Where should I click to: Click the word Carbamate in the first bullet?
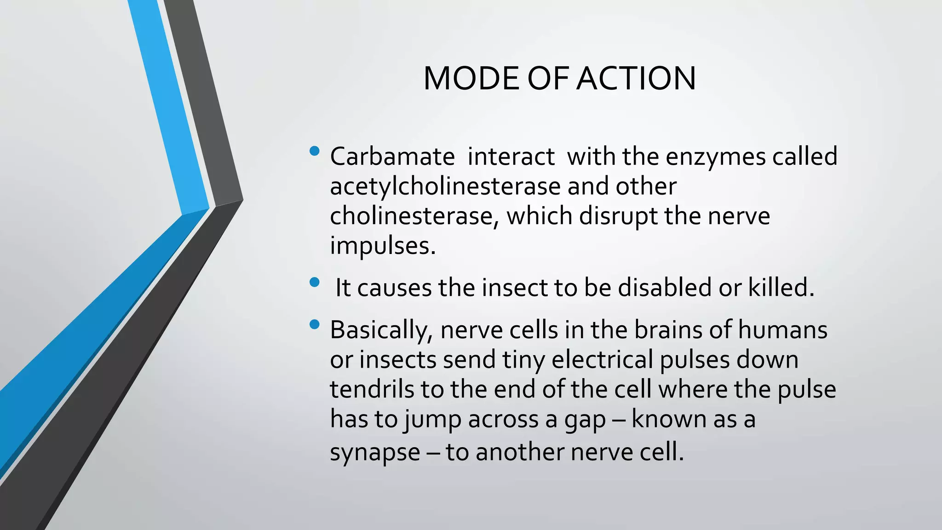(392, 156)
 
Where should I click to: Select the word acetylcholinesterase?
(445, 186)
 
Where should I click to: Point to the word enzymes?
(716, 157)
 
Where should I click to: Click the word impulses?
(382, 246)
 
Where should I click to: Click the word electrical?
(602, 359)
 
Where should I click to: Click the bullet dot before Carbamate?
(315, 151)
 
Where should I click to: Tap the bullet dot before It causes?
(315, 282)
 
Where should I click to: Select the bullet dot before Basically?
(315, 325)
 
